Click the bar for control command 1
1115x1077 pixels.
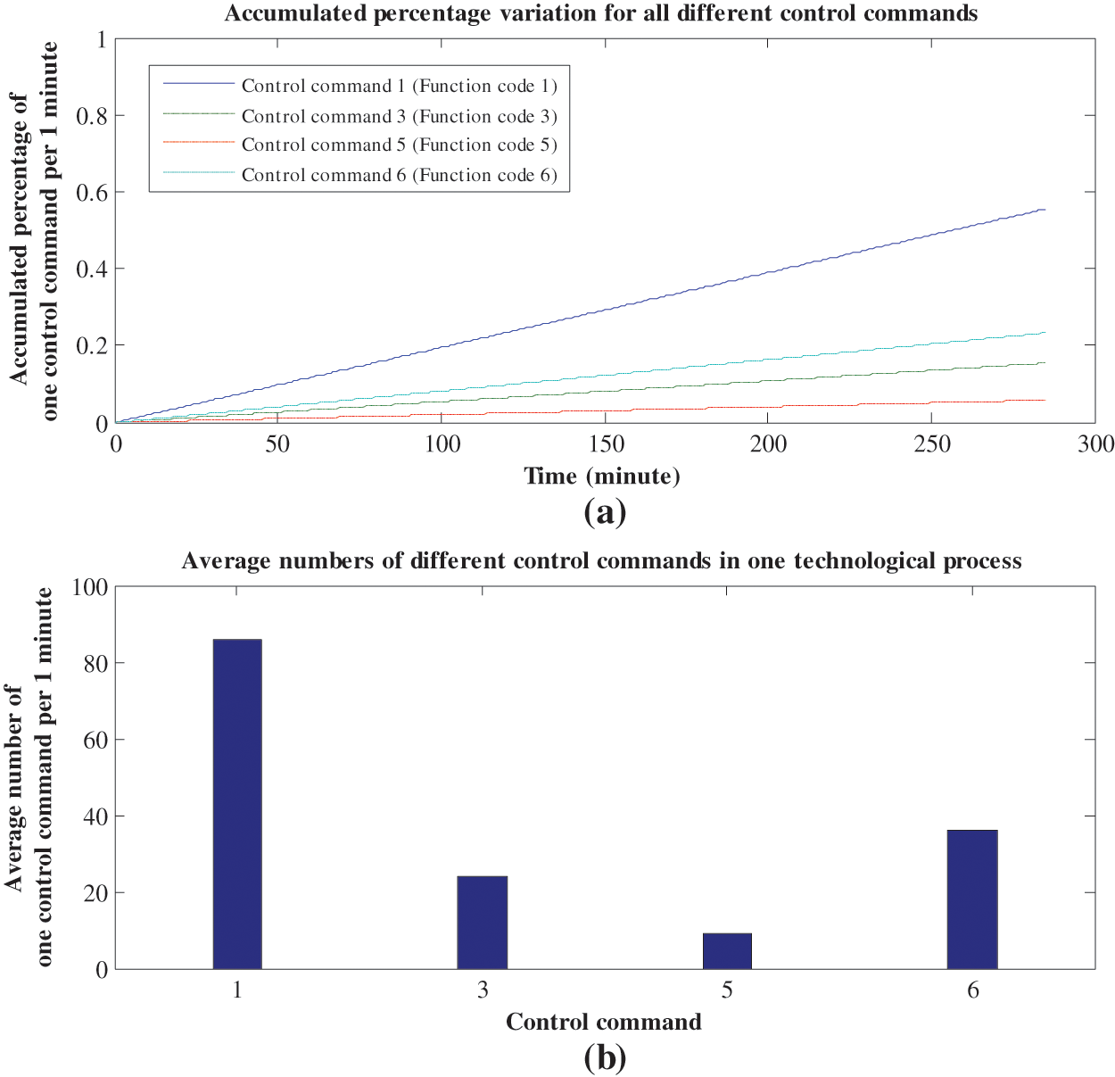[x=237, y=804]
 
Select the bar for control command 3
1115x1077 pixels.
[x=482, y=923]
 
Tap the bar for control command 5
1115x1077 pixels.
[x=727, y=951]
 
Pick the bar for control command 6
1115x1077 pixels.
[x=972, y=899]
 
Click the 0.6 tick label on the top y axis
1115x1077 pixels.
[x=91, y=193]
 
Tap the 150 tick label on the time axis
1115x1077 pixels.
[x=606, y=444]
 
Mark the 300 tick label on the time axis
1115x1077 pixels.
[x=1094, y=444]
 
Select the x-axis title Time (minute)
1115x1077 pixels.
[x=602, y=476]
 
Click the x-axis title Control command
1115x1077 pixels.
[x=604, y=1023]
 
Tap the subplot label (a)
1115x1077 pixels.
[x=605, y=512]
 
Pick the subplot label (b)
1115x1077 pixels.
[x=605, y=1058]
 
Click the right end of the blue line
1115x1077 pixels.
[x=1045, y=210]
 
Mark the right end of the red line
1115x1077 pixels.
[x=1045, y=400]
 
